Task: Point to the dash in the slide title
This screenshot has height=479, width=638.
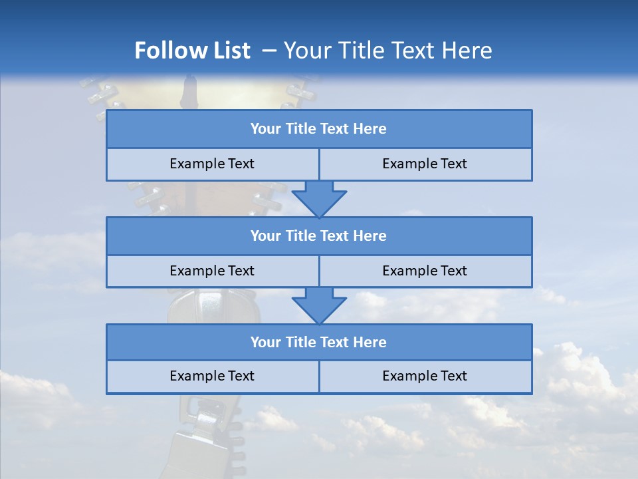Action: (x=269, y=51)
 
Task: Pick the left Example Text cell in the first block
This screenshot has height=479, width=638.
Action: (x=212, y=164)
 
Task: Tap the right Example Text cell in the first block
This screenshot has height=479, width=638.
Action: (x=425, y=164)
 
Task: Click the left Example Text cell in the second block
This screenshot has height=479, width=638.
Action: (x=212, y=271)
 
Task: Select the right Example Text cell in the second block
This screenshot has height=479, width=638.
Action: (x=425, y=271)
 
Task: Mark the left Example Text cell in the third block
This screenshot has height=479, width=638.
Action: (x=212, y=376)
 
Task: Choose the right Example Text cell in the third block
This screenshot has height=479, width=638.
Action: (x=425, y=376)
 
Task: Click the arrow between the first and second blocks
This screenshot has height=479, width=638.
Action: (x=319, y=198)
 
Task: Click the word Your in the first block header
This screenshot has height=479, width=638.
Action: (x=266, y=129)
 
